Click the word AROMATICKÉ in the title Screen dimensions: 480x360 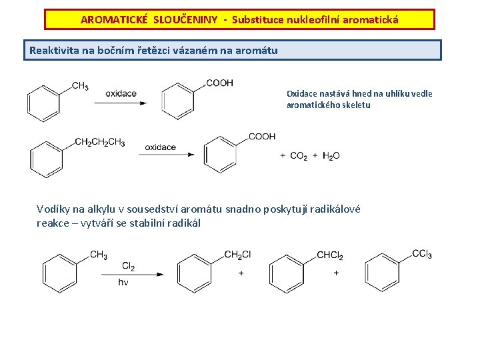point(114,19)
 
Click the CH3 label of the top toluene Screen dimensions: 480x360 point(80,85)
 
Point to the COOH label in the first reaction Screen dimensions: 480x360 point(219,83)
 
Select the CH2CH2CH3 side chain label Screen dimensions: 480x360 point(99,142)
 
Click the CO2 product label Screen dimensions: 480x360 point(297,155)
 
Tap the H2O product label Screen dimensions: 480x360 point(331,155)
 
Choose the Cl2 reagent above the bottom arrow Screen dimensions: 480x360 point(128,267)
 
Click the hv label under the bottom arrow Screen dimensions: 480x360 point(123,283)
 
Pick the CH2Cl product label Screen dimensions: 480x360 point(237,255)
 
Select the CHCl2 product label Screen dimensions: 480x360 point(330,255)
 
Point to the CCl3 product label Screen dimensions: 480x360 point(422,253)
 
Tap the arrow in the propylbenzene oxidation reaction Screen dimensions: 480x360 point(166,155)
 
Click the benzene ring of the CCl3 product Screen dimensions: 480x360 point(383,273)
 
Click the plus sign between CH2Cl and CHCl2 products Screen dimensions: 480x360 point(241,273)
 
